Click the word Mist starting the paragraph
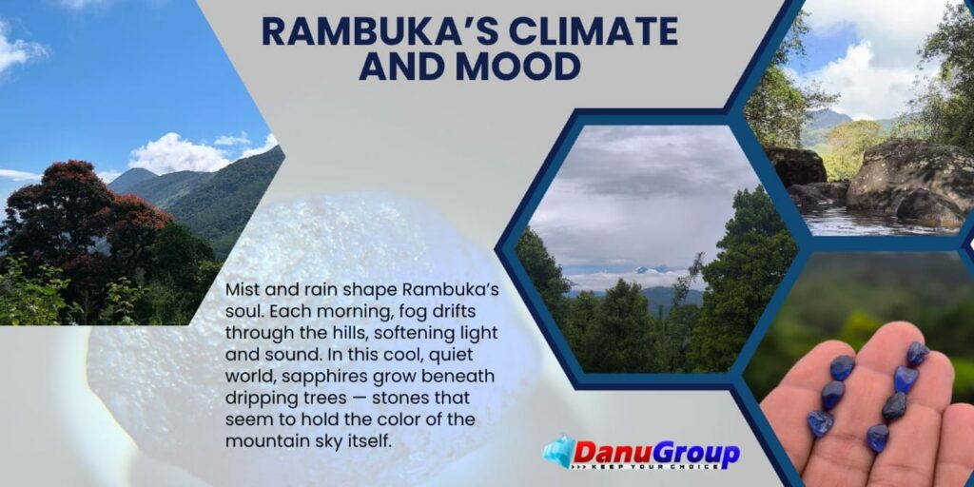(x=241, y=290)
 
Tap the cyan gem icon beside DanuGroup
(x=557, y=450)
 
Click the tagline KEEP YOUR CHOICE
(x=653, y=465)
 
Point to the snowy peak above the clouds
(x=649, y=269)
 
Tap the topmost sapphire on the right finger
(x=918, y=354)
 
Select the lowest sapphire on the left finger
(x=820, y=423)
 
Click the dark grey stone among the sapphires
(x=894, y=405)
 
